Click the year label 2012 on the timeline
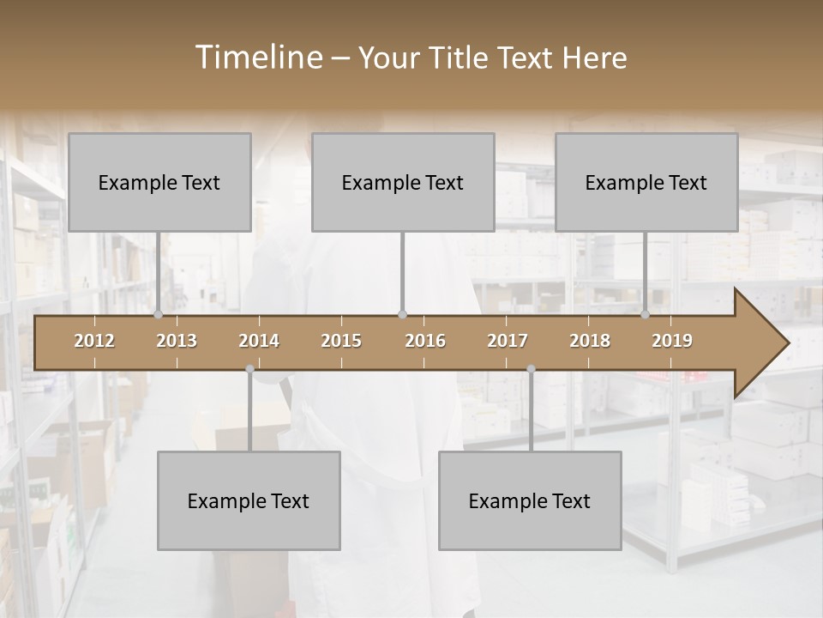pyautogui.click(x=94, y=341)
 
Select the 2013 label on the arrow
pyautogui.click(x=177, y=341)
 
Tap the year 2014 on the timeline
pyautogui.click(x=259, y=341)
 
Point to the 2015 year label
pyautogui.click(x=341, y=341)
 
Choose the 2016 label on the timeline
pyautogui.click(x=425, y=341)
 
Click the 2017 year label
pyautogui.click(x=508, y=341)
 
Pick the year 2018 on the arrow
pyautogui.click(x=590, y=341)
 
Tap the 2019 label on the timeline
pyautogui.click(x=672, y=341)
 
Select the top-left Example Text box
pyautogui.click(x=159, y=182)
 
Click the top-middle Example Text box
pyautogui.click(x=403, y=182)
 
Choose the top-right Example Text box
pyautogui.click(x=646, y=182)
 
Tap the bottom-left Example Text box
pyautogui.click(x=249, y=500)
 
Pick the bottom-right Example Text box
pyautogui.click(x=530, y=500)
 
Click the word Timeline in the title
pyautogui.click(x=257, y=58)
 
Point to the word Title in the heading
pyautogui.click(x=460, y=58)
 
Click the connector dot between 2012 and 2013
pyautogui.click(x=158, y=314)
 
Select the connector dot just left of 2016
pyautogui.click(x=402, y=314)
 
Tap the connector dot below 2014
pyautogui.click(x=249, y=369)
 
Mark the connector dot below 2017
pyautogui.click(x=531, y=369)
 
